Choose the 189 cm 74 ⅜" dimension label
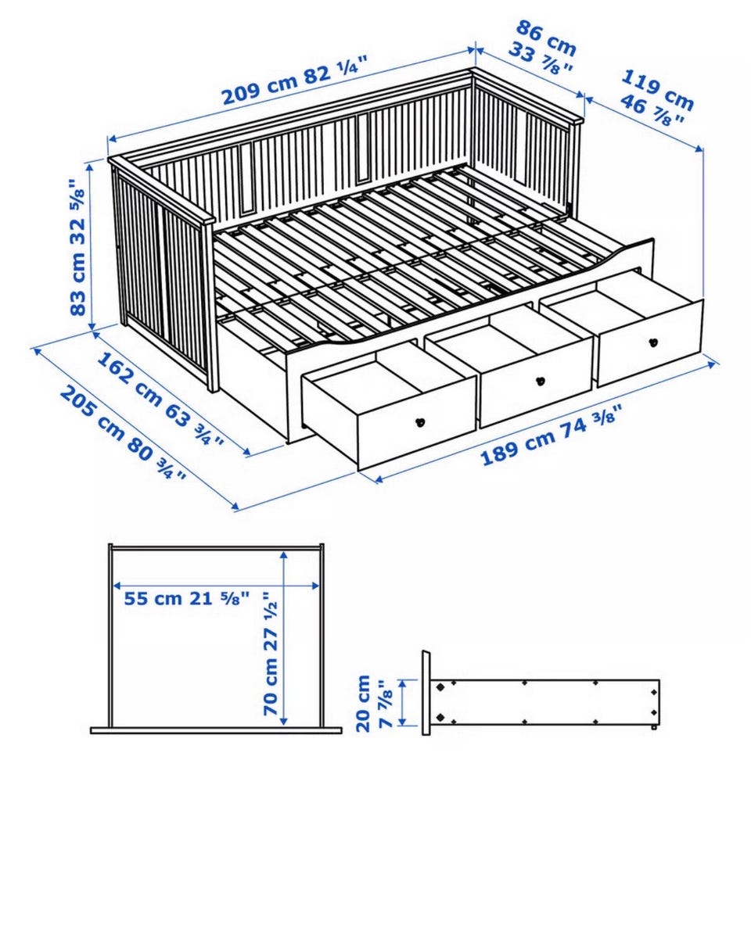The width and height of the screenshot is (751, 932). [552, 434]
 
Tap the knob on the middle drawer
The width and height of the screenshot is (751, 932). [540, 381]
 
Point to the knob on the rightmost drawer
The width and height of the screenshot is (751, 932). [653, 342]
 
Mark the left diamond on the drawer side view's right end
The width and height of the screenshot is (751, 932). [654, 692]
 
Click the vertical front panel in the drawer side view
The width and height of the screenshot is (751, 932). [426, 693]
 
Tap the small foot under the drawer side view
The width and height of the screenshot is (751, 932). [653, 727]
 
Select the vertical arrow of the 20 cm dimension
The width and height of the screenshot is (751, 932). [404, 703]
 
